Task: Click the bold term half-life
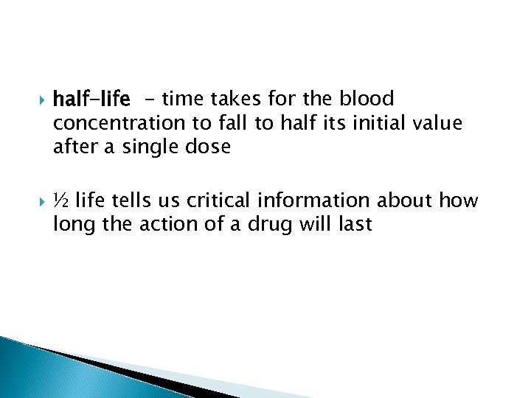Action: pyautogui.click(x=91, y=98)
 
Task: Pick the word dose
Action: pyautogui.click(x=210, y=147)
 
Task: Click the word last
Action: pyautogui.click(x=355, y=225)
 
